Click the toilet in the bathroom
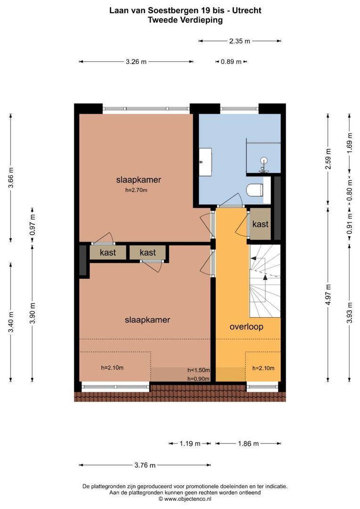254,190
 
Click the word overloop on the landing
246,327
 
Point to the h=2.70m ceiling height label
136,190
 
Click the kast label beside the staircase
260,224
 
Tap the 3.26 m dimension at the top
136,62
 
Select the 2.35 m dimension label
240,41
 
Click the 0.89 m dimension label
231,62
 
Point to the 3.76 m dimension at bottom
145,465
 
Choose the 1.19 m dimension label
190,443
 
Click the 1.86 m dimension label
248,443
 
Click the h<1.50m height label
198,370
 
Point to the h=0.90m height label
198,378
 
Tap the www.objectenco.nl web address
188,499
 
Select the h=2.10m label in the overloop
263,368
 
